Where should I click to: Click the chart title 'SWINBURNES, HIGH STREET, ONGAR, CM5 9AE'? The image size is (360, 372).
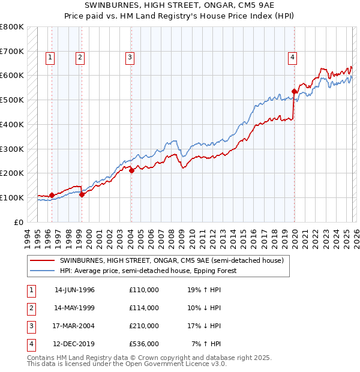179,6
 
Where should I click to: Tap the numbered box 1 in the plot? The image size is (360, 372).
49,58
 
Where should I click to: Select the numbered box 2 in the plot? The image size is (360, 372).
80,58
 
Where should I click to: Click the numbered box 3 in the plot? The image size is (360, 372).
130,58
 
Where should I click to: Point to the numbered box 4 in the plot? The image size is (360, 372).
292,58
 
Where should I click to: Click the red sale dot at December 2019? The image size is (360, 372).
295,91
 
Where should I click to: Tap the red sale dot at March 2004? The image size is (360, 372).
131,170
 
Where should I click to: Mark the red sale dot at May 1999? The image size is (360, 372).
82,194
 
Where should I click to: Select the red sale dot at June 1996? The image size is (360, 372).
52,195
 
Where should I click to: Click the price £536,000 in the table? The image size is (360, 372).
144,344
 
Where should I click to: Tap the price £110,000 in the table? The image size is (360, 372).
144,290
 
